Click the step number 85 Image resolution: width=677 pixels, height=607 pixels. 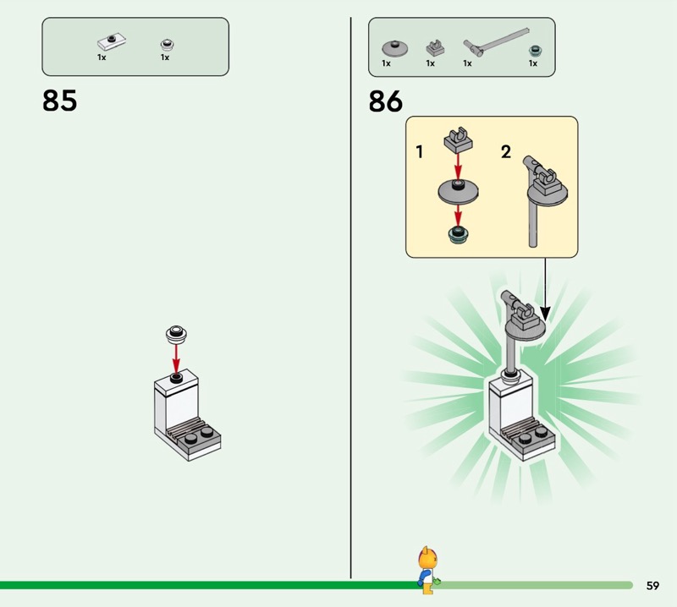point(59,101)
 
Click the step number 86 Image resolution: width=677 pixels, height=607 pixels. point(386,101)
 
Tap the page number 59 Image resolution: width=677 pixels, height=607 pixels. point(652,585)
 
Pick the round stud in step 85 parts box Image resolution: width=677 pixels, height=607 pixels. point(166,42)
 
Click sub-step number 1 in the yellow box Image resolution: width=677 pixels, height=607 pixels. point(420,152)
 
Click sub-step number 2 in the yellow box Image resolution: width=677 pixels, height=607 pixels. point(506,152)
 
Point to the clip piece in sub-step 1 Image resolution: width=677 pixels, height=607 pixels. point(458,136)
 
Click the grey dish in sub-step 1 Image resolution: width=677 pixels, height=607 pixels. point(458,192)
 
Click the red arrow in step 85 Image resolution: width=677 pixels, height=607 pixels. point(177,357)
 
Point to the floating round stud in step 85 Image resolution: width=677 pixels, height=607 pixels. point(177,332)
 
